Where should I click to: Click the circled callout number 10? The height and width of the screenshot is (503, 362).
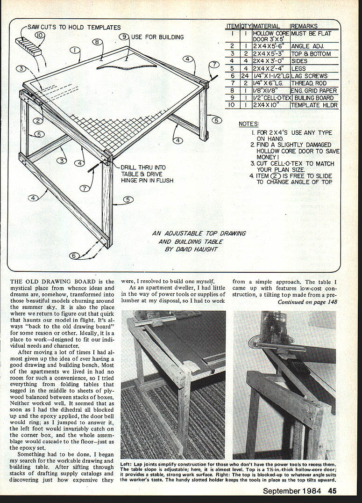(x=40, y=35)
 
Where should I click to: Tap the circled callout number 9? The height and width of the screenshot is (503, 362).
(x=124, y=36)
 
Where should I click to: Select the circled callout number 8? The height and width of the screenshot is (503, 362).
(x=97, y=42)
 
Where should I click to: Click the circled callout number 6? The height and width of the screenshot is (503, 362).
(x=73, y=255)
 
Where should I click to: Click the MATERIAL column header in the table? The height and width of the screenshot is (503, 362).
(x=266, y=27)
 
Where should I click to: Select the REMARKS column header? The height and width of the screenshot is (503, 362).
(x=304, y=27)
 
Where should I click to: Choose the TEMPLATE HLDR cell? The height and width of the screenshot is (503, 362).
(x=312, y=105)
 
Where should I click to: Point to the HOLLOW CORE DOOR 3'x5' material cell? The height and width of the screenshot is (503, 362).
(x=270, y=36)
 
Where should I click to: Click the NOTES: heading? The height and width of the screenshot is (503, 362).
(x=248, y=124)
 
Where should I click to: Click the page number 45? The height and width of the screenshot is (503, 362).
(x=332, y=491)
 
